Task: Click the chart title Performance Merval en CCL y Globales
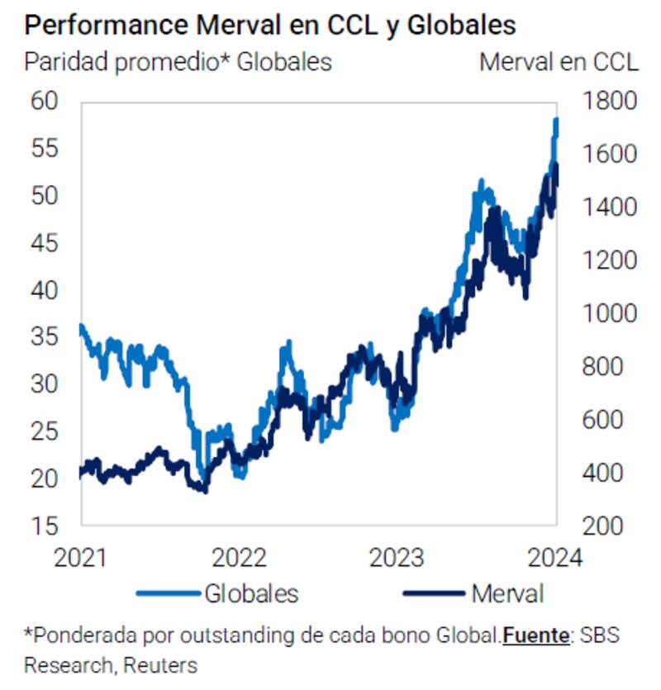coord(270,25)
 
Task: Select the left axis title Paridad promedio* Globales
coord(178,62)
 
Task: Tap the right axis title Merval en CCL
coord(559,62)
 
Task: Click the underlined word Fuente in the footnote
coord(536,635)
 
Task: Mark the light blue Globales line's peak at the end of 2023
coord(556,121)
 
